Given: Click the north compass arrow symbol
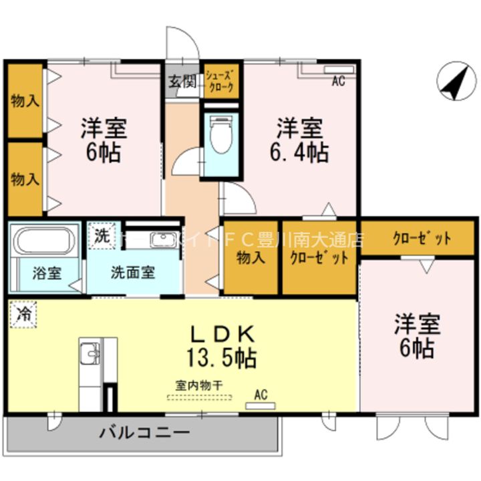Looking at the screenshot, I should (x=455, y=83).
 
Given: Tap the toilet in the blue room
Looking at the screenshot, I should (x=218, y=136).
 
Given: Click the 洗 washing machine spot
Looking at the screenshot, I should (x=101, y=235).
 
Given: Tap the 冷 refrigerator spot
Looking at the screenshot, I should (x=23, y=314).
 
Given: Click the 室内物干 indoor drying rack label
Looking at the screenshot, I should (x=198, y=385).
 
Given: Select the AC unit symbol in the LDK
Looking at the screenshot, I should (x=260, y=405).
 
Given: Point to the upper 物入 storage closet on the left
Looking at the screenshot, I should (x=25, y=101).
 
